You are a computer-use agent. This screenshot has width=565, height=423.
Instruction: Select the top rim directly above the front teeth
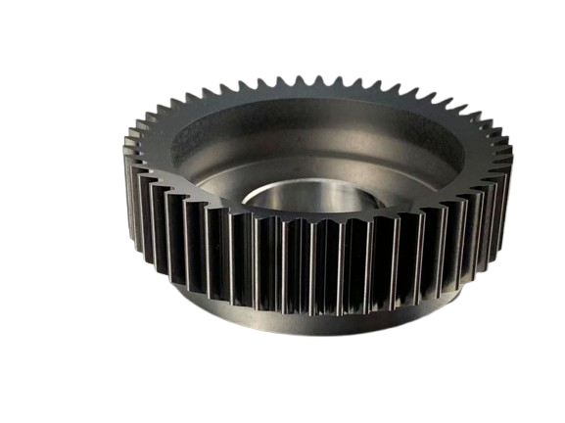294,220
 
